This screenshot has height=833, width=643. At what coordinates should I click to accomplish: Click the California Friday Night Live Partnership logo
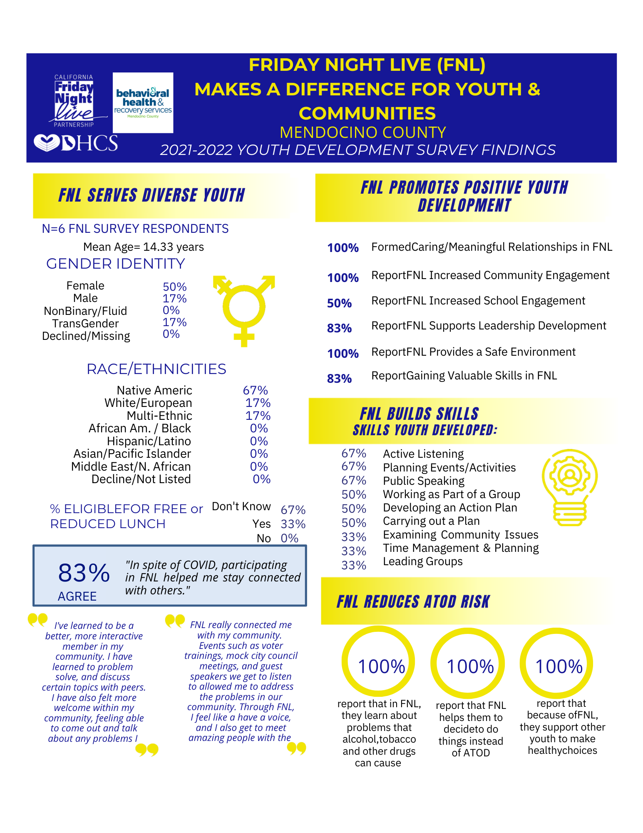(74, 101)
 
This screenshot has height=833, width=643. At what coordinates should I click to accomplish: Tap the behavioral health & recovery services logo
(143, 103)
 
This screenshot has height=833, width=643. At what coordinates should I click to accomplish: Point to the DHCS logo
(76, 143)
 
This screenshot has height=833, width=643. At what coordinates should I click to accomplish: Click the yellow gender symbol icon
(244, 311)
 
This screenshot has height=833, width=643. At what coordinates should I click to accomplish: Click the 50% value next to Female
(175, 287)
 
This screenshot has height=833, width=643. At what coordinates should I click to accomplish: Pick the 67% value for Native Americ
(255, 390)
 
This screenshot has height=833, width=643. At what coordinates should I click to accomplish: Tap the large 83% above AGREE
(84, 573)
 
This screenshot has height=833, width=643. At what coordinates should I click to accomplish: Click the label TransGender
(85, 324)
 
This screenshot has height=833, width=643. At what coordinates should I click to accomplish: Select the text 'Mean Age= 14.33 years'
(144, 247)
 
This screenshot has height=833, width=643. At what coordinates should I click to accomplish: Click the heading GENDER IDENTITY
(116, 264)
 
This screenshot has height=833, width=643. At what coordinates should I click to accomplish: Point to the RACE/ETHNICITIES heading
(156, 369)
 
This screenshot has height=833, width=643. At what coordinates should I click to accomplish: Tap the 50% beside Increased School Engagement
(339, 303)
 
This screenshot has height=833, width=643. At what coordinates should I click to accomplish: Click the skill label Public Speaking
(424, 481)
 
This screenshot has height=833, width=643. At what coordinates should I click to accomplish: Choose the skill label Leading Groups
(423, 561)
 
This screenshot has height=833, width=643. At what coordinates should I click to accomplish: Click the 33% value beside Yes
(293, 524)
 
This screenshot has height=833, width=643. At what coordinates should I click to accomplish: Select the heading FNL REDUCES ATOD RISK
(413, 602)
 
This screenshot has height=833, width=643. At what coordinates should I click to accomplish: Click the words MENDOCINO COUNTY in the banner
(363, 132)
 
